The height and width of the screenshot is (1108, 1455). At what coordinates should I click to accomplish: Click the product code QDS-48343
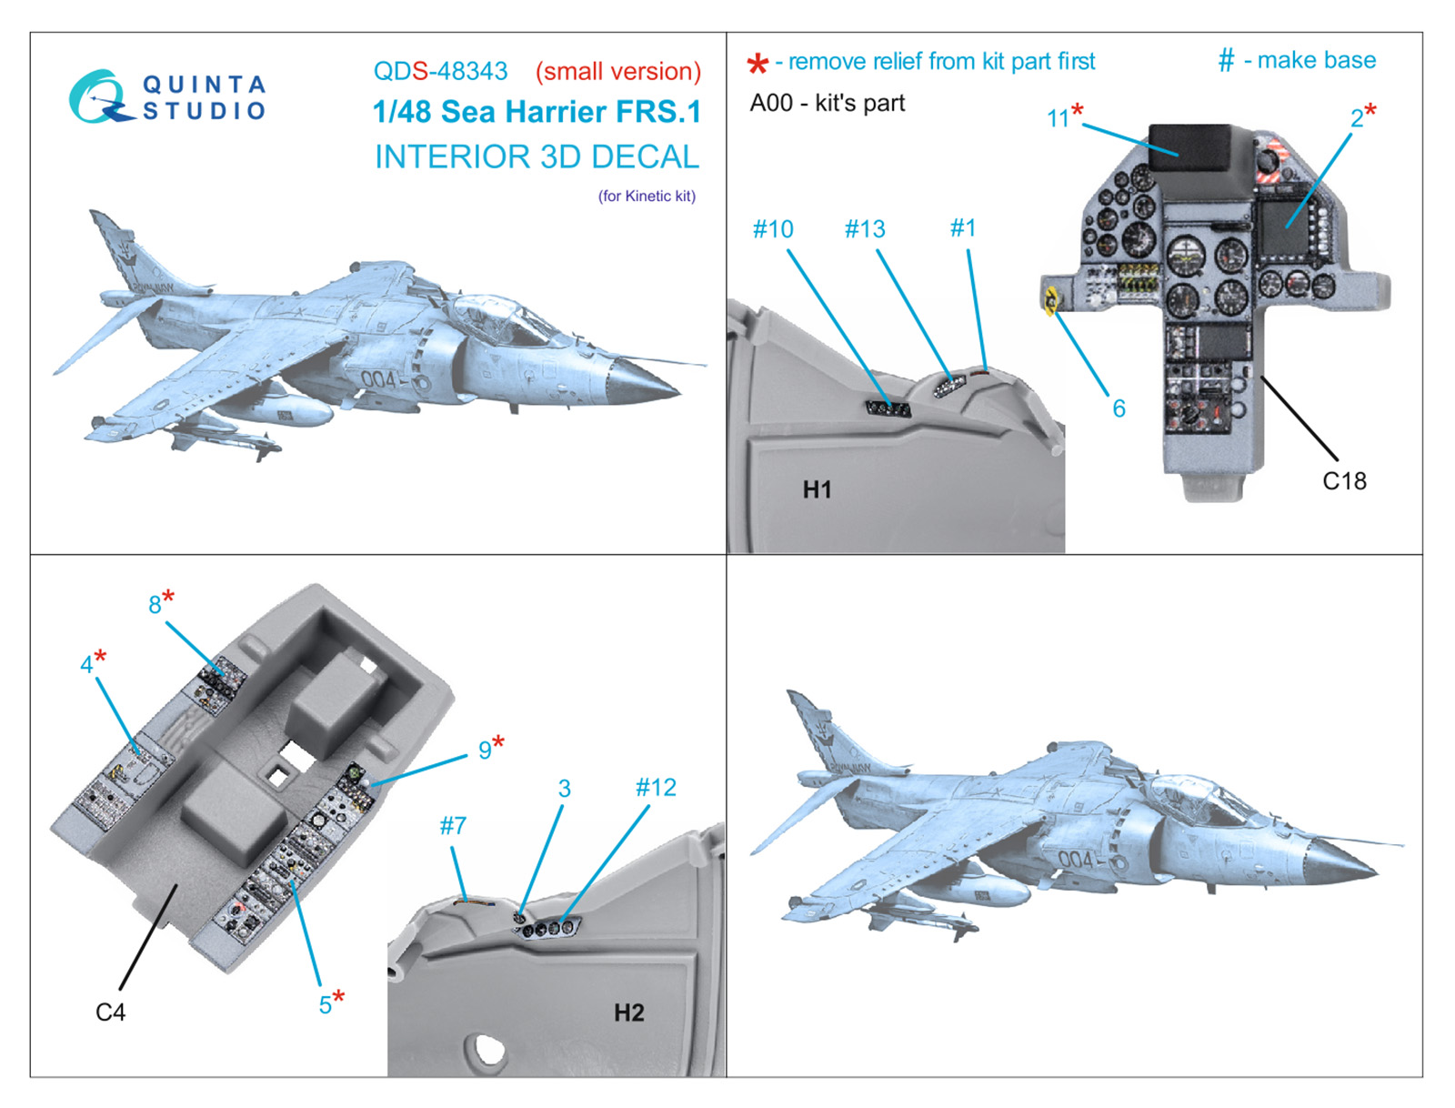coord(440,71)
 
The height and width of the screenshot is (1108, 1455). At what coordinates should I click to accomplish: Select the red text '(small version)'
coord(617,71)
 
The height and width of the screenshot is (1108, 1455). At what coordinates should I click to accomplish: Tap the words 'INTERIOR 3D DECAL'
coord(537,156)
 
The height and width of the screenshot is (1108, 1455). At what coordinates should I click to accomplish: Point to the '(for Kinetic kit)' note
coord(647,196)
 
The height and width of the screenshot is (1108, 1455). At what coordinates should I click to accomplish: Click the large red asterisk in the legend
coord(758,65)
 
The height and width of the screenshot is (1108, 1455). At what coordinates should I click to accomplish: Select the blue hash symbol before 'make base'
coord(1226,61)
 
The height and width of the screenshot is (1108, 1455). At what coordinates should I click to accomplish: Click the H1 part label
coord(817,489)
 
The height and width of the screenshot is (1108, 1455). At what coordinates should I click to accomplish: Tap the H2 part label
coord(628,1012)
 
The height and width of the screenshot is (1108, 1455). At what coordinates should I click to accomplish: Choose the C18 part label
coord(1344,480)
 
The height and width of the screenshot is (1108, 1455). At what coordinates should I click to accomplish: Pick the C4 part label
coord(110,1012)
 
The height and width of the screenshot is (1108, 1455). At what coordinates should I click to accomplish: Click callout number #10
coord(773,229)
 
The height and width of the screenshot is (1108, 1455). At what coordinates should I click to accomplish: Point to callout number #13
coord(865,229)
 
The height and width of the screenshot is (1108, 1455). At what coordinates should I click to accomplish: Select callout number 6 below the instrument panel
coord(1119,408)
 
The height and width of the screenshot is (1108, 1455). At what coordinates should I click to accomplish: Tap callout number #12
coord(656,787)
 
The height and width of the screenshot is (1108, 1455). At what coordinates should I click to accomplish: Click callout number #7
coord(453,825)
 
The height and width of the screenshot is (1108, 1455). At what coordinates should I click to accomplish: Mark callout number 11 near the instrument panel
coord(1058,118)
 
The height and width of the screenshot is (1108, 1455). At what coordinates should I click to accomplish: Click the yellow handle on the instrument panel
coord(1052,299)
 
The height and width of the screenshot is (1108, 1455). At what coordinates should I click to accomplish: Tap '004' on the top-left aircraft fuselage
coord(378,378)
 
